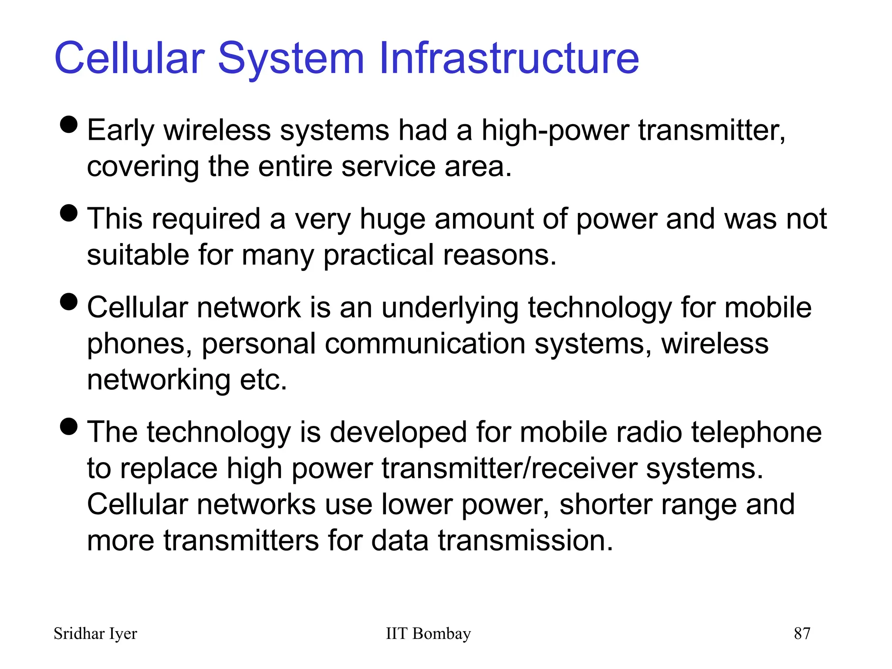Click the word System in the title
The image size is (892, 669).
tap(291, 59)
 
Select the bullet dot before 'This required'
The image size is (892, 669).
tap(69, 213)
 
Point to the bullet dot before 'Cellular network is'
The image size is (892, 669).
tap(69, 302)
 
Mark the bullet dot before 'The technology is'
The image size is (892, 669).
tap(69, 426)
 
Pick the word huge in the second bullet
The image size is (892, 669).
tap(392, 219)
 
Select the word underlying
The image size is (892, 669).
tap(450, 308)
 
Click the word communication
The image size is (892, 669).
tap(425, 344)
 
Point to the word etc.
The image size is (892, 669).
tap(263, 380)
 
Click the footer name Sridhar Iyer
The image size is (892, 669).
tap(95, 634)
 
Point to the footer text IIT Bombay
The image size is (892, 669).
tap(428, 634)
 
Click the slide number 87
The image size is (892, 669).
tap(802, 634)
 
